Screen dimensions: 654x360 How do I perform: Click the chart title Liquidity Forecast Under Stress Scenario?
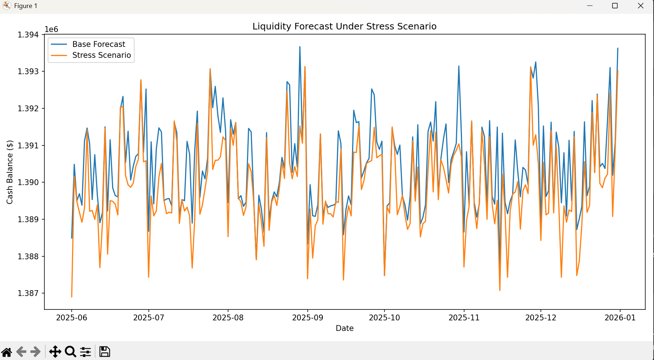[x=344, y=26]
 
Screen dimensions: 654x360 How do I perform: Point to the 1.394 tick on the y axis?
[x=28, y=35]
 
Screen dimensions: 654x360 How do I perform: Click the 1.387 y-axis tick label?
[x=28, y=293]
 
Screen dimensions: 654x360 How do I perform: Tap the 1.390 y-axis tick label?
[x=28, y=182]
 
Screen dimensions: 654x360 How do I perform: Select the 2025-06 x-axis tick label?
[x=72, y=317]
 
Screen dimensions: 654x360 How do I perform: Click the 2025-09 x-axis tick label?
[x=308, y=317]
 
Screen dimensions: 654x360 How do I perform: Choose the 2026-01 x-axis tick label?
[x=620, y=317]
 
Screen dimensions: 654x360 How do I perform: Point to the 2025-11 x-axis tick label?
[x=464, y=317]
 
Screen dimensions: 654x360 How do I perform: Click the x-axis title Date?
[x=345, y=328]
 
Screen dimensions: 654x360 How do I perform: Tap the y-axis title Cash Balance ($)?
[x=10, y=172]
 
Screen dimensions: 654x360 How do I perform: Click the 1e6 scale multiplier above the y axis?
[x=51, y=29]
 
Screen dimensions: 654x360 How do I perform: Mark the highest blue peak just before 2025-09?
[x=300, y=47]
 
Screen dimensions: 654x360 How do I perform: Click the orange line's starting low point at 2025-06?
[x=72, y=297]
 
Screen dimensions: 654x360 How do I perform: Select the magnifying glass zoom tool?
[x=70, y=352]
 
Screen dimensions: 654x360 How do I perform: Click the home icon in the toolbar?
[x=7, y=352]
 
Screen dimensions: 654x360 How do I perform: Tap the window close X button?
[x=641, y=6]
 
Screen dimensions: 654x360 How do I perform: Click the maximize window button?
[x=615, y=6]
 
